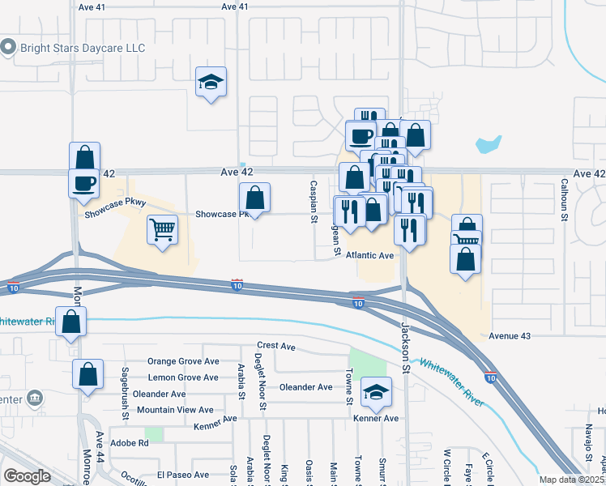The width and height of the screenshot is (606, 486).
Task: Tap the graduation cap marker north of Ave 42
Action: [x=211, y=83]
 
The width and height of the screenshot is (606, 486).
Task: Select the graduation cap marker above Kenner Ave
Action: [x=375, y=394]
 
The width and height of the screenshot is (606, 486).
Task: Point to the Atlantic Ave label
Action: [x=369, y=255]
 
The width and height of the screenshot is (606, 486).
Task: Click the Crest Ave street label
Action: [x=276, y=346]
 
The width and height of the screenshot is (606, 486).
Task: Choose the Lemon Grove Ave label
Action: [x=182, y=377]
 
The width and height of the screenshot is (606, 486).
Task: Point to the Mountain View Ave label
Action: [x=175, y=410]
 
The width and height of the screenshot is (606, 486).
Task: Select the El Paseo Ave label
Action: [x=183, y=475]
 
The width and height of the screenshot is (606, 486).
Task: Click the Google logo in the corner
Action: [x=28, y=475]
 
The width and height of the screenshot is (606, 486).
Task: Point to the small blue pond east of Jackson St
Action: [x=489, y=145]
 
